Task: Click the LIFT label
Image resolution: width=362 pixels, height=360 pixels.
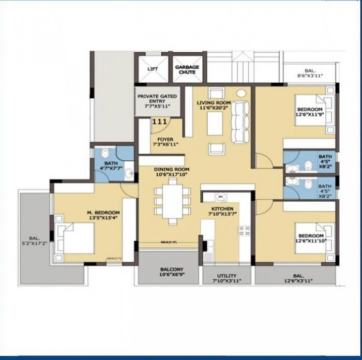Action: click(x=153, y=68)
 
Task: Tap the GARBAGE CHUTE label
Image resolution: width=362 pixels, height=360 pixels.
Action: click(x=187, y=70)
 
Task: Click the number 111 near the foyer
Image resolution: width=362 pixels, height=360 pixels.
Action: click(x=160, y=122)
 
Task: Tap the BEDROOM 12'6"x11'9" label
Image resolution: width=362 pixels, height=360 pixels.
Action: click(x=309, y=112)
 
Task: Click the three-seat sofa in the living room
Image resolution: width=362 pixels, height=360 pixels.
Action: click(x=239, y=123)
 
